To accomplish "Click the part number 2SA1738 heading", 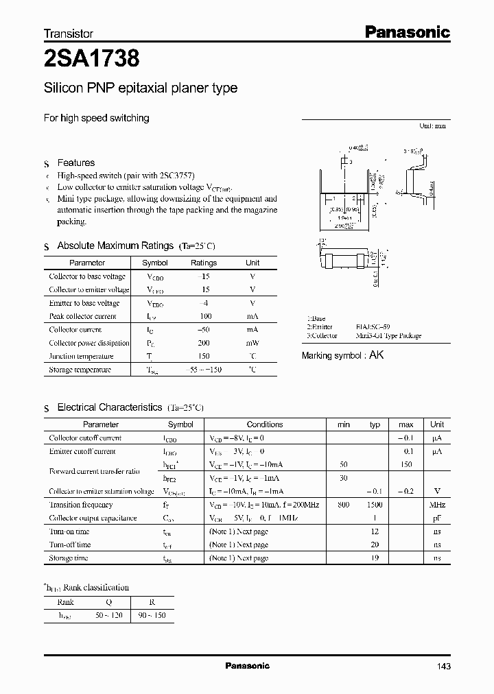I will coord(91,59).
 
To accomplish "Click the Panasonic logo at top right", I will coord(406,32).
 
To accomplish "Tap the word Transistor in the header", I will coord(68,34).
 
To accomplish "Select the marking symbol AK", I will coord(377,355).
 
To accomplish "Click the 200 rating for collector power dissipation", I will coord(203,343).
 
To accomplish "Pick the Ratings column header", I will coord(203,263).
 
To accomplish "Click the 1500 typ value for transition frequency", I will coord(375,505).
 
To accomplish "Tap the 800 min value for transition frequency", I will coord(344,505).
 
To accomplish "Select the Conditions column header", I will coord(265,424).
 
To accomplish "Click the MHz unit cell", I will coord(437,505).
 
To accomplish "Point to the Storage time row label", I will coord(69,558).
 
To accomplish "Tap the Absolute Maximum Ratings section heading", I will coord(115,246).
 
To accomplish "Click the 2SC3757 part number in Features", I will coord(180,176).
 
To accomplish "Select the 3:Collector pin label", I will coord(322,336).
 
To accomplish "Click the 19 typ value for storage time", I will coord(375,558).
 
